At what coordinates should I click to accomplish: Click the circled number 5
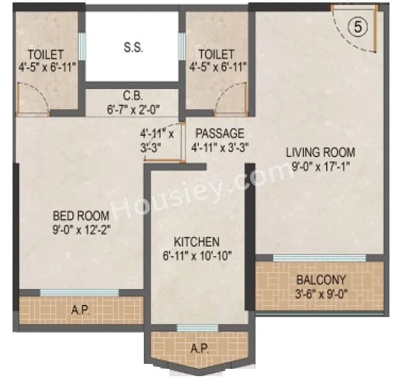[358, 27]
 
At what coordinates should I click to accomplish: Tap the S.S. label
[133, 48]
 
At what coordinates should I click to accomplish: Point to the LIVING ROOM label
[320, 153]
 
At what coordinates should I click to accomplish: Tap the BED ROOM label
[81, 216]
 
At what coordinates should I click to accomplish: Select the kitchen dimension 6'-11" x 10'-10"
[197, 255]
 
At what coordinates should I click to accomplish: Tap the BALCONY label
[321, 279]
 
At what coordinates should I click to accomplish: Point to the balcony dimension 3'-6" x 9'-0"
[321, 293]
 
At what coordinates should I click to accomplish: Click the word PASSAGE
[220, 133]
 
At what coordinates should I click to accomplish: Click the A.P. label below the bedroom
[80, 310]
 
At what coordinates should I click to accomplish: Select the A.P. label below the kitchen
[200, 348]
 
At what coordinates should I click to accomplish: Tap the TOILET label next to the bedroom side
[45, 54]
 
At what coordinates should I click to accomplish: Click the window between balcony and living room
[320, 258]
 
